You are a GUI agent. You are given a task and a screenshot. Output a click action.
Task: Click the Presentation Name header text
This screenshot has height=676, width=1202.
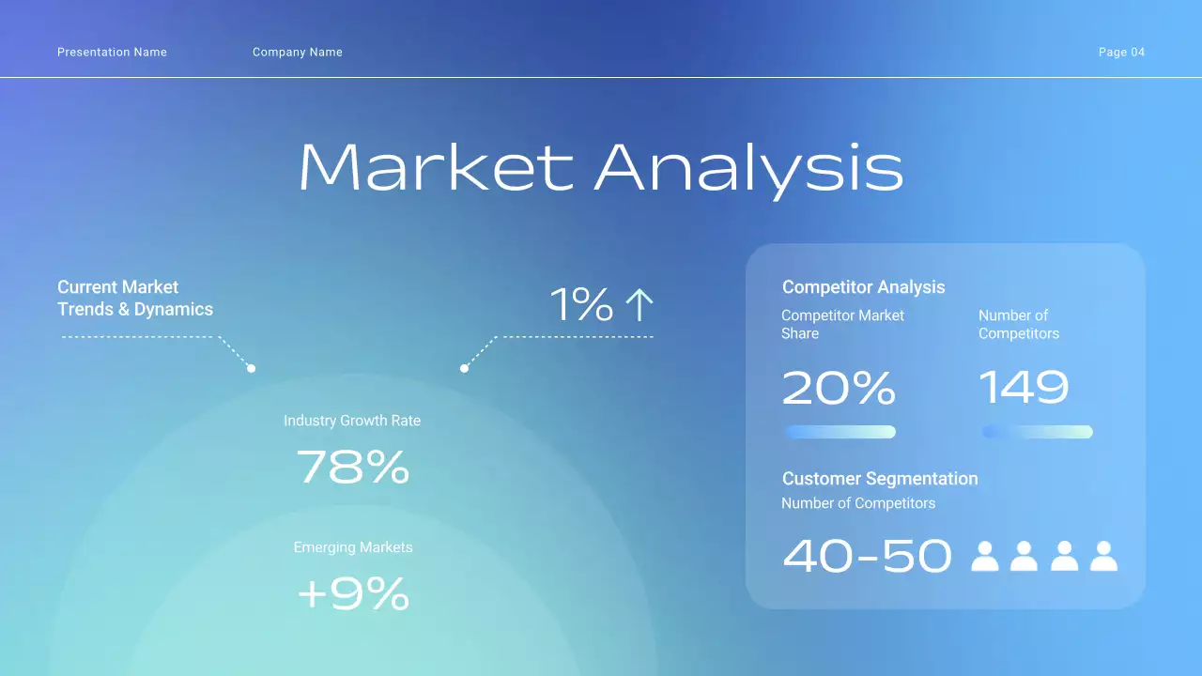pyautogui.click(x=112, y=53)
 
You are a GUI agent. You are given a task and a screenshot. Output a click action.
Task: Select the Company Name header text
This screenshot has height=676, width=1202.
pyautogui.click(x=297, y=53)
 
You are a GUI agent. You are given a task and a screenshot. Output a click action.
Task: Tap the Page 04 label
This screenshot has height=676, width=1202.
pyautogui.click(x=1121, y=53)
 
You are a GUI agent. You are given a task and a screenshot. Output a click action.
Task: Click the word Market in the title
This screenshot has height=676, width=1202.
pyautogui.click(x=435, y=168)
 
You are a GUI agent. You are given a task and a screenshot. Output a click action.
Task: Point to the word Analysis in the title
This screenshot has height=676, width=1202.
pyautogui.click(x=748, y=168)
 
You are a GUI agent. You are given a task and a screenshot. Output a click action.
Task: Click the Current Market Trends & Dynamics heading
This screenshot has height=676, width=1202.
pyautogui.click(x=135, y=299)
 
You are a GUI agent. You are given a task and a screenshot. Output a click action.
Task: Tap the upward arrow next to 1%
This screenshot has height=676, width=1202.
pyautogui.click(x=639, y=305)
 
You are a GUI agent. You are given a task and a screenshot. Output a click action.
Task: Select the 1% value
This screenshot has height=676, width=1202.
pyautogui.click(x=581, y=305)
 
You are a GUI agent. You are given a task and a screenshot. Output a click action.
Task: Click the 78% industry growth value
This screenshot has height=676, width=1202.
pyautogui.click(x=353, y=467)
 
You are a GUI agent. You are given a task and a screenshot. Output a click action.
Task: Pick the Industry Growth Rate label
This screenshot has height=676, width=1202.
pyautogui.click(x=352, y=421)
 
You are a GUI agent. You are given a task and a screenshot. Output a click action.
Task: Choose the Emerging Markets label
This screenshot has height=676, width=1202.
pyautogui.click(x=353, y=547)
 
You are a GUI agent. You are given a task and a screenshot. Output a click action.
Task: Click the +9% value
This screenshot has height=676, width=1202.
pyautogui.click(x=353, y=593)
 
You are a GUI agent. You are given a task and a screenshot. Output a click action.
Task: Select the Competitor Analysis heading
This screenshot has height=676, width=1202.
pyautogui.click(x=863, y=287)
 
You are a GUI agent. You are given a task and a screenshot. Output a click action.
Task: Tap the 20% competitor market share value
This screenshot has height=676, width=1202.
pyautogui.click(x=839, y=387)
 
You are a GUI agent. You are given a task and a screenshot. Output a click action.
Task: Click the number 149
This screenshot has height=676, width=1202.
pyautogui.click(x=1024, y=387)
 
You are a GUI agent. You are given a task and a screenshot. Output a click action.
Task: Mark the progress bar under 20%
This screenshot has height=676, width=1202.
pyautogui.click(x=840, y=432)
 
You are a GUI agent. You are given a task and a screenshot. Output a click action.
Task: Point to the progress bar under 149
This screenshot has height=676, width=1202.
pyautogui.click(x=1037, y=432)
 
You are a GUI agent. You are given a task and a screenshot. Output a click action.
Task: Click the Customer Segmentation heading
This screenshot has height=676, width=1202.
pyautogui.click(x=880, y=479)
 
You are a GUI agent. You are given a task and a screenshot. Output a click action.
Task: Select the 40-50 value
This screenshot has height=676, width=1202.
pyautogui.click(x=867, y=556)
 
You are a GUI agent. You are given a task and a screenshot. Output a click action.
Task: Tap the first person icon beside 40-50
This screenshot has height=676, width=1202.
pyautogui.click(x=984, y=556)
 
